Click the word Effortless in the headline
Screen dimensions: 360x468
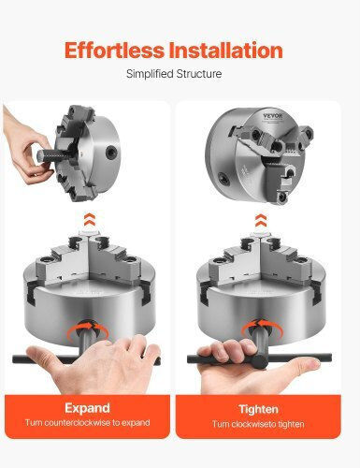114,51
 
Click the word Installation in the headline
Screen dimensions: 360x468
225,51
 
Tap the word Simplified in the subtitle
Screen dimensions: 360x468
150,74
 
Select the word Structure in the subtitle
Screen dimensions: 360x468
198,74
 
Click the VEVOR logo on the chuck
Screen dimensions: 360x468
272,116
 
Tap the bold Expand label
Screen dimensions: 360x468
87,408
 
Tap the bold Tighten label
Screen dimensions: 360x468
258,409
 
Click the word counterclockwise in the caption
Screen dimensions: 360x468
78,423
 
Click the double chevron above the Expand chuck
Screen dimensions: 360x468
90,221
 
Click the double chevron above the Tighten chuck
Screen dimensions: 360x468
261,221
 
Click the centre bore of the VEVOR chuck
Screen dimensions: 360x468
276,146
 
